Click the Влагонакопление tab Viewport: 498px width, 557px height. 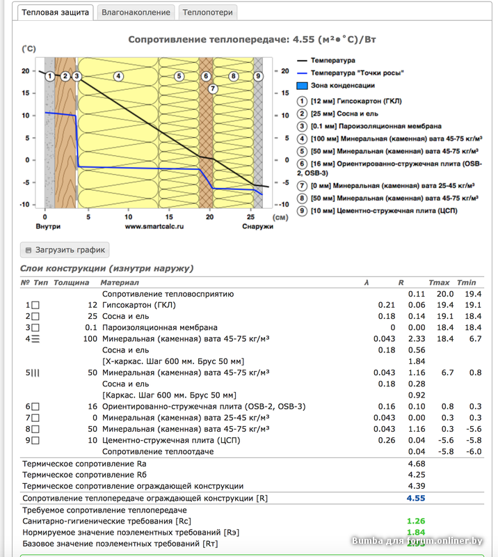click(135, 12)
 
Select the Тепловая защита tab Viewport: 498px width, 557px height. click(55, 12)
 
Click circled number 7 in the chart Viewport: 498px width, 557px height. click(213, 88)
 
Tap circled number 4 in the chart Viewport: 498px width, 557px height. click(118, 76)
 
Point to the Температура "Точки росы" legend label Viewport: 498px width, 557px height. click(357, 73)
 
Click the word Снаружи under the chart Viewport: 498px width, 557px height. click(257, 226)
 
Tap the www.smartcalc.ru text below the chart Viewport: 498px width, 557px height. click(152, 226)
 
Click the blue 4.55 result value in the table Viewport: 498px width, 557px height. click(415, 498)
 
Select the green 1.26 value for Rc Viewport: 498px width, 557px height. click(415, 521)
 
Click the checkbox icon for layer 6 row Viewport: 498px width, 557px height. click(35, 407)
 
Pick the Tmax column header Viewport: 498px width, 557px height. click(439, 283)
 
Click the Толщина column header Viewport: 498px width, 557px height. click(72, 283)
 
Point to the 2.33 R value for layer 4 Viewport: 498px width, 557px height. click(415, 338)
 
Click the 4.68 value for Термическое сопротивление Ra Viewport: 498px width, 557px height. click(417, 463)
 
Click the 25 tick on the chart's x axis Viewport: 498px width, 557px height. click(250, 215)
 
